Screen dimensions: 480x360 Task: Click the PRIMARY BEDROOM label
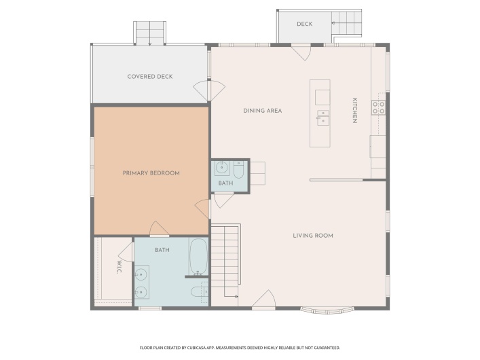151,173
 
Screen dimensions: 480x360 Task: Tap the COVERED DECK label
150,77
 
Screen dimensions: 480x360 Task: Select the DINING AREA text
262,111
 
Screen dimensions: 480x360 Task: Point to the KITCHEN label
355,111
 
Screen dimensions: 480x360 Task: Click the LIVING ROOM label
313,236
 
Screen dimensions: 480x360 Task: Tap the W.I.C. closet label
119,267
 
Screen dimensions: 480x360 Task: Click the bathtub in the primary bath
198,257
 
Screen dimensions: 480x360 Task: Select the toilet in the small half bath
238,170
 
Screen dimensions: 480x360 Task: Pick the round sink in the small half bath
221,168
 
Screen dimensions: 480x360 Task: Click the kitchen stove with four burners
378,107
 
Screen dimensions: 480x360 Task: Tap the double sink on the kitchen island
322,118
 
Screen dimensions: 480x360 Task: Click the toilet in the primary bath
200,291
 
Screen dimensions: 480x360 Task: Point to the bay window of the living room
327,310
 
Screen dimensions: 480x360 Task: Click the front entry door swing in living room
263,298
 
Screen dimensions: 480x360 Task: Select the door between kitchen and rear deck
301,52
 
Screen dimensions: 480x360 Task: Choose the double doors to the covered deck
209,90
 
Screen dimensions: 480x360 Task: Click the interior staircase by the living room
225,260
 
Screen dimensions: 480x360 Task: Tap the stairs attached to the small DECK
346,23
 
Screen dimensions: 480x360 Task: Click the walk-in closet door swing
126,252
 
